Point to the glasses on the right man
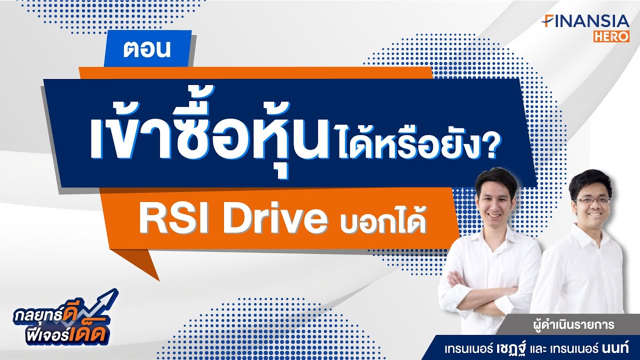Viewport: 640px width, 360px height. (x=592, y=200)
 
